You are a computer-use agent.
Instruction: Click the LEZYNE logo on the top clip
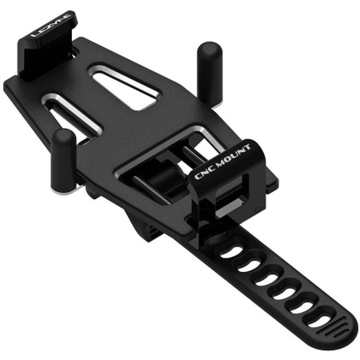(50, 26)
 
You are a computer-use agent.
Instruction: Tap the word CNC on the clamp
(204, 172)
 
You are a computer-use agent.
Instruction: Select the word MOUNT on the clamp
(233, 156)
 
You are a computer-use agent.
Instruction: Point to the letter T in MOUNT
(246, 148)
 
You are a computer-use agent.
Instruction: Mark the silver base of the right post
(217, 106)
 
